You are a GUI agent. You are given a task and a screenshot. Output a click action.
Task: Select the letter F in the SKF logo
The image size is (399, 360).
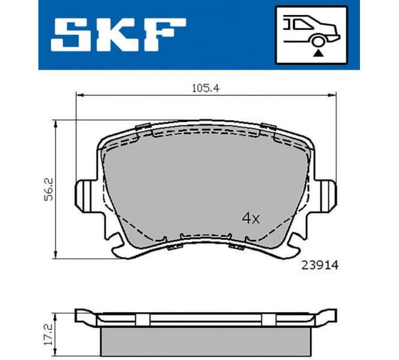coord(164,34)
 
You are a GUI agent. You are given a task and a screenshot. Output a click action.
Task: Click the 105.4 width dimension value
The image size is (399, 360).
coord(204,88)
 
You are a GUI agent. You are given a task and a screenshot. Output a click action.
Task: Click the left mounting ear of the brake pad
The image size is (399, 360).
coord(84,195)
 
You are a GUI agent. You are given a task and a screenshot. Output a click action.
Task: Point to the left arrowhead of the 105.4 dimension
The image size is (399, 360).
coord(79,95)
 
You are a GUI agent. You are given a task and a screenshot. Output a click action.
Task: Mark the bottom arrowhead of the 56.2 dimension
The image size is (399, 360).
coord(56,255)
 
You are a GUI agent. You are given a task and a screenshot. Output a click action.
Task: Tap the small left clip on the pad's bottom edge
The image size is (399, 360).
coord(175,247)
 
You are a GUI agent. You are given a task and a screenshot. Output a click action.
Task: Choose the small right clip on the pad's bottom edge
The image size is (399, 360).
coord(236,247)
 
